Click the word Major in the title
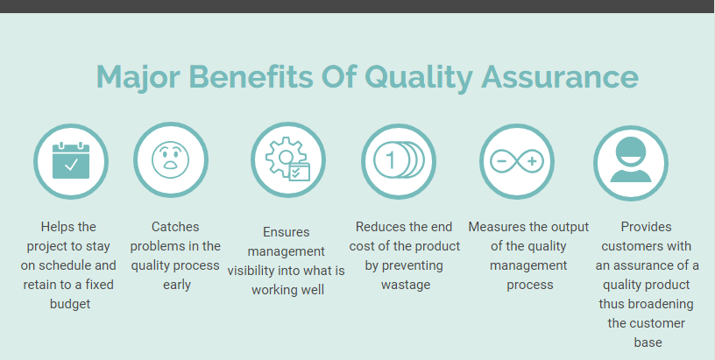pos(138,76)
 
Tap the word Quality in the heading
pos(419,77)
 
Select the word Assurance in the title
pos(560,76)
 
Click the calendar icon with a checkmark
pos(71,161)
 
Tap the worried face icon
pos(171,159)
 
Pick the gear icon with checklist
pos(287,159)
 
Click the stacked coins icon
pos(399,161)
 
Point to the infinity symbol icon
pos(517,161)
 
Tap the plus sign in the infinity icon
pos(532,161)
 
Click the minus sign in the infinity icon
pos(501,161)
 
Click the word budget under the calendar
pos(70,303)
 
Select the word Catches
pos(175,227)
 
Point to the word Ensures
pos(286,232)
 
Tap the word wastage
pos(406,285)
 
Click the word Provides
pos(646,227)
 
